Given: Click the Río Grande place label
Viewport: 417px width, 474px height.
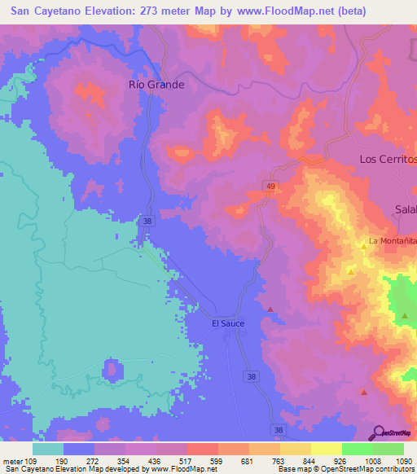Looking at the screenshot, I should point(157,84).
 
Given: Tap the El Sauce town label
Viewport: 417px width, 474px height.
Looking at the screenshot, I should point(228,323).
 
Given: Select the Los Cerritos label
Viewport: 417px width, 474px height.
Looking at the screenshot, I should point(388,159).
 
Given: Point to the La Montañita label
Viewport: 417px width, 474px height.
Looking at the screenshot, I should point(393,241).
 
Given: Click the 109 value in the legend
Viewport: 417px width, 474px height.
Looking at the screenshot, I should point(31,460).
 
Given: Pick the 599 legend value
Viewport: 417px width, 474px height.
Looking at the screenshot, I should point(216,460).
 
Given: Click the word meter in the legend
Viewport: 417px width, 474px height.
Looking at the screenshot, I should point(11,460).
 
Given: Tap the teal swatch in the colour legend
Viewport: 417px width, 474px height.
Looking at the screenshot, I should point(48,449).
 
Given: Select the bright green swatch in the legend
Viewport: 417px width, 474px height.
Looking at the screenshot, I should point(358,449).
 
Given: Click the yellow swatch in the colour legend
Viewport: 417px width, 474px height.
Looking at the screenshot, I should point(327,449).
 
